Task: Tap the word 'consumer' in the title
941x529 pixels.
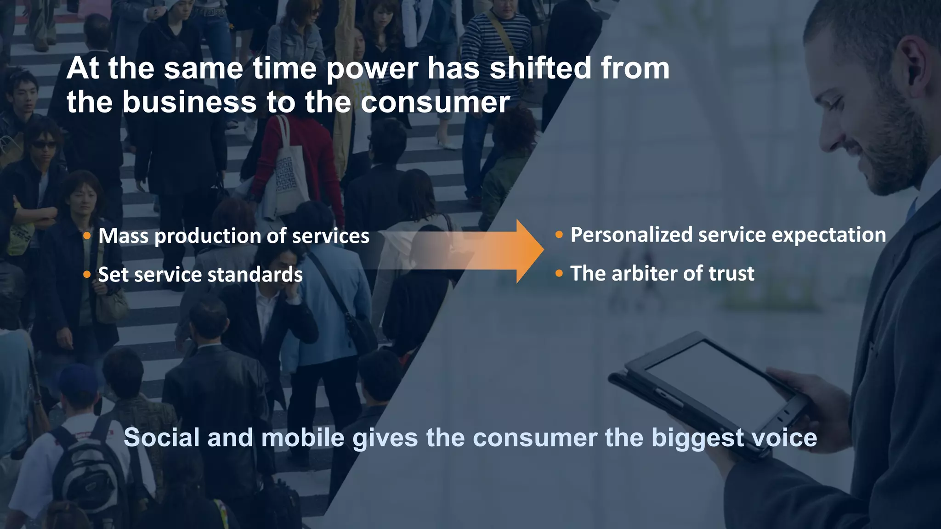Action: (x=435, y=102)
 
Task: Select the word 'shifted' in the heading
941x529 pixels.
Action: (x=540, y=69)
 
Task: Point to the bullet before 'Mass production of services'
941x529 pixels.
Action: (x=87, y=236)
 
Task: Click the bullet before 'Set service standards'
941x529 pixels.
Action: (x=87, y=275)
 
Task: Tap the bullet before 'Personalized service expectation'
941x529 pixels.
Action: (x=559, y=235)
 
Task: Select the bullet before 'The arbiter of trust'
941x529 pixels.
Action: (x=559, y=274)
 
